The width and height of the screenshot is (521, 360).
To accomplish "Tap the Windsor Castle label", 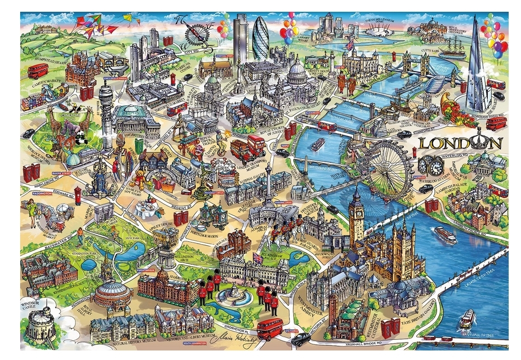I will coord(33,306).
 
